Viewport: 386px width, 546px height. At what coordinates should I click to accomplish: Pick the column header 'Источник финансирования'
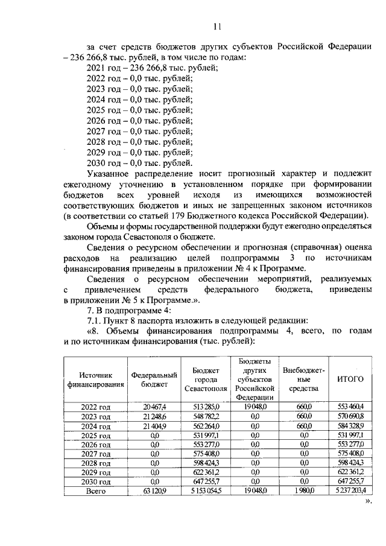click(96, 379)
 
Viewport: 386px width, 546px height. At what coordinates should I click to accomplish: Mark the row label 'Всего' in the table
click(96, 491)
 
